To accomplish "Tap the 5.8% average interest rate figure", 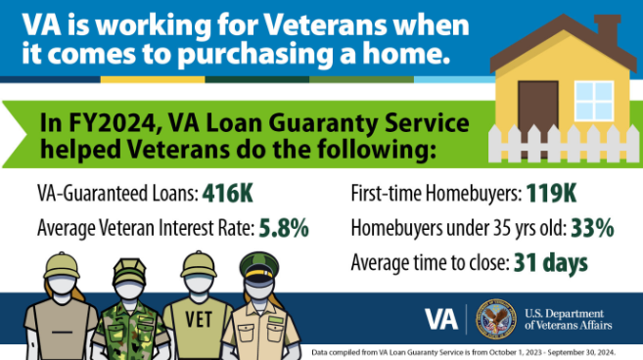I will [284, 228].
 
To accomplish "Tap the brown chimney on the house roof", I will [606, 28].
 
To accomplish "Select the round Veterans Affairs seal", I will [494, 319].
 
